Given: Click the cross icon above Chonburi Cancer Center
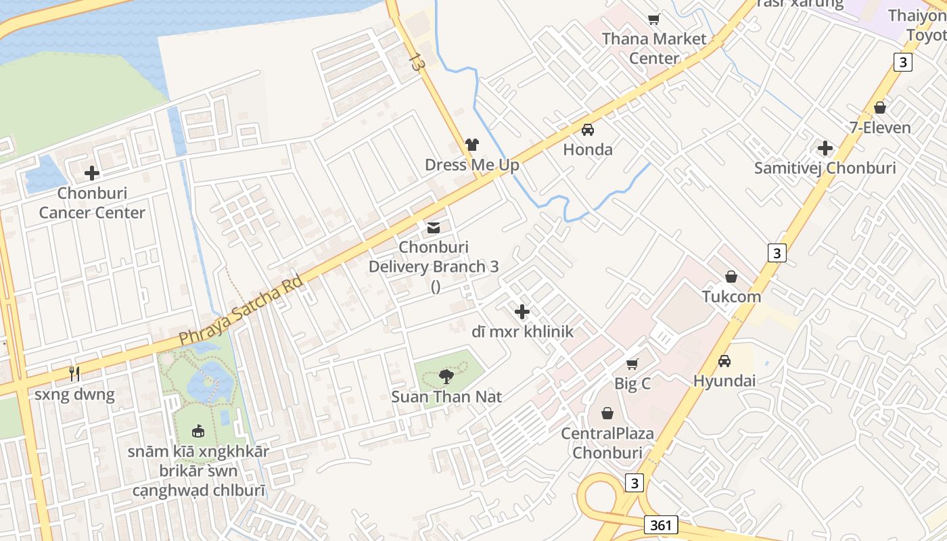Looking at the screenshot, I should (x=92, y=173).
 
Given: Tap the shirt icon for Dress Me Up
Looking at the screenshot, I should (x=472, y=145).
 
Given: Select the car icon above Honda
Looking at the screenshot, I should (x=588, y=130).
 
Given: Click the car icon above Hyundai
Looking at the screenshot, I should (x=724, y=360).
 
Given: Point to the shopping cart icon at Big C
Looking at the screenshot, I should (x=632, y=364).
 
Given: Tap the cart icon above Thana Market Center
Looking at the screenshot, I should (x=654, y=19).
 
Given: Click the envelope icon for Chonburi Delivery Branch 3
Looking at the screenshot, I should (x=434, y=227).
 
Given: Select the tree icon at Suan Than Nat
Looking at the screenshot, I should (x=446, y=376).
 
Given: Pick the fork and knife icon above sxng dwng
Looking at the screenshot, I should (x=74, y=373).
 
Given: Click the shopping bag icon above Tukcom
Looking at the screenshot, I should (x=731, y=277).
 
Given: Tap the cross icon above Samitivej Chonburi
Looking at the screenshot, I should (x=825, y=148).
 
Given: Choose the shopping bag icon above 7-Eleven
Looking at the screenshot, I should (x=880, y=108).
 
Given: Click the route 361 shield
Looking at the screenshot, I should (x=661, y=525).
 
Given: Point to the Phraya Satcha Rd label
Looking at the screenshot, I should (x=241, y=310).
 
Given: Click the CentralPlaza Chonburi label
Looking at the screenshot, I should (x=607, y=442).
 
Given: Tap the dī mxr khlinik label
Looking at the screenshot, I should (x=522, y=331).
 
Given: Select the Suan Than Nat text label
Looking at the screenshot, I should (x=446, y=396).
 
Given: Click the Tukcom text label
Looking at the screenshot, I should (x=731, y=296).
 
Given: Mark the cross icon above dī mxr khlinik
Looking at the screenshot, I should (x=522, y=312).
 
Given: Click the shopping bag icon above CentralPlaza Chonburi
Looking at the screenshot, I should (x=607, y=413).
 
